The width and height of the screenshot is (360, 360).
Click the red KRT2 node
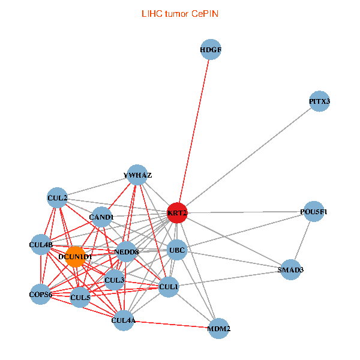[177, 212]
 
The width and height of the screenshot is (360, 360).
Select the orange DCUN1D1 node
[76, 256]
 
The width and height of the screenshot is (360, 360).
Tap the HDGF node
[211, 50]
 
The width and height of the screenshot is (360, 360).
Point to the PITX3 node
[320, 101]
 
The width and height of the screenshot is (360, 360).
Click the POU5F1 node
[314, 212]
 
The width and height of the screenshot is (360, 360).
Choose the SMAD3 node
[291, 270]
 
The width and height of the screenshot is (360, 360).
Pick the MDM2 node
[219, 329]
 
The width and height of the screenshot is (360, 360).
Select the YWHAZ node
[137, 175]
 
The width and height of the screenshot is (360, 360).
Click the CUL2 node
[58, 197]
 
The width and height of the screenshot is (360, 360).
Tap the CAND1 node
[101, 217]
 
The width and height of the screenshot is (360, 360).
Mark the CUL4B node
[41, 245]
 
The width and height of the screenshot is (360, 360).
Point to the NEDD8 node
[127, 251]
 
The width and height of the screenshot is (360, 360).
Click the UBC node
[177, 250]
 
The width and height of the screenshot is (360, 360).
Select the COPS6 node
[41, 294]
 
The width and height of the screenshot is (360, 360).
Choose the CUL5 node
[80, 296]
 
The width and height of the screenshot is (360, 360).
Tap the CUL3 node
[114, 280]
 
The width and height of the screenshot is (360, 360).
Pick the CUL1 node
[169, 287]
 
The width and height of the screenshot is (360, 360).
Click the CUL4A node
[124, 321]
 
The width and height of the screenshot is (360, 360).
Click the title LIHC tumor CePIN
[179, 13]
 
